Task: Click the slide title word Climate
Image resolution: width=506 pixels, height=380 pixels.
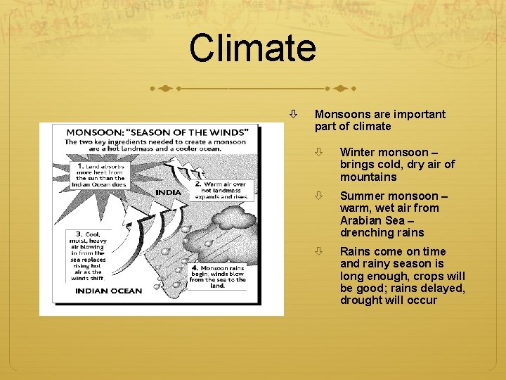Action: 252,49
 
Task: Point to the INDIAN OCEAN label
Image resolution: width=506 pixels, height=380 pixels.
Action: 108,291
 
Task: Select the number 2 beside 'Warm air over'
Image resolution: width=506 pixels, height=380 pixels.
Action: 180,184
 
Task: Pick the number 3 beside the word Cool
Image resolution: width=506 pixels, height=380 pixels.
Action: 79,234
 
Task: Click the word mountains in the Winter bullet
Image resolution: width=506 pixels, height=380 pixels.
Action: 368,177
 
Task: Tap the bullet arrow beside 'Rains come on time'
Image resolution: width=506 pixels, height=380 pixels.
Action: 319,251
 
